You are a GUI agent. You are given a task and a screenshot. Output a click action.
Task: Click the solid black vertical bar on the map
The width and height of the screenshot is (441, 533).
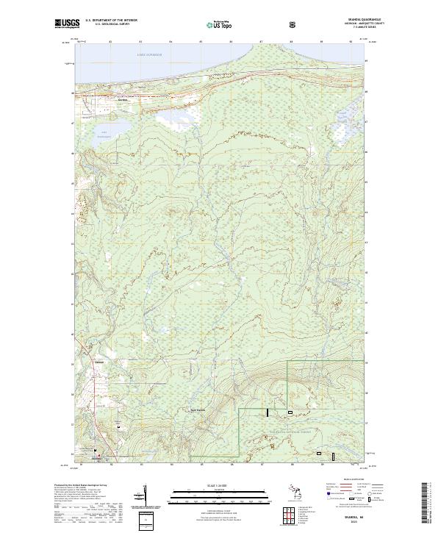[268, 414]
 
